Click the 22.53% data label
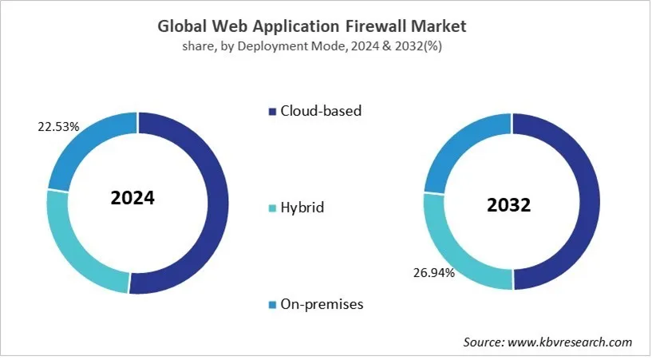tap(37, 125)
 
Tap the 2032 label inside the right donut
tap(508, 205)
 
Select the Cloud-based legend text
tap(320, 111)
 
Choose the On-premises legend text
tap(321, 304)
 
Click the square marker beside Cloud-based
tap(272, 111)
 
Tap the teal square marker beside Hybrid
tap(272, 208)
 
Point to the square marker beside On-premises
tap(272, 304)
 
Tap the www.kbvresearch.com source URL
tap(569, 342)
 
